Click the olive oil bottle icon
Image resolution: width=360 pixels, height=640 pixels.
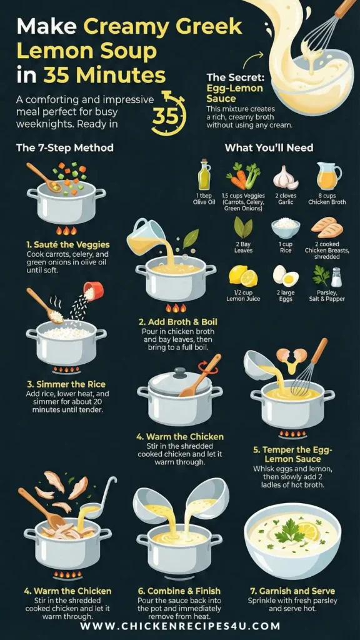point(204,175)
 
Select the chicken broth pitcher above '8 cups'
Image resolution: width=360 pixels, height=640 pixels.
point(329,176)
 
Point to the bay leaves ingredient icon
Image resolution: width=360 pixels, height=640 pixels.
point(243,227)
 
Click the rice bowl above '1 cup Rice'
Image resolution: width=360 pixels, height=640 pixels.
point(285,229)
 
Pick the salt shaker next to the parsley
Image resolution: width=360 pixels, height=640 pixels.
point(336,277)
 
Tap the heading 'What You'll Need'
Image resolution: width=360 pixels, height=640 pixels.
point(269,147)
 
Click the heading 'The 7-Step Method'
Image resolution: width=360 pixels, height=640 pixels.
point(65,147)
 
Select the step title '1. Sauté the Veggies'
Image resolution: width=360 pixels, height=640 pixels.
point(61,245)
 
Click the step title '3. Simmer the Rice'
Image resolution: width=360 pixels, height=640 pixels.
point(65,384)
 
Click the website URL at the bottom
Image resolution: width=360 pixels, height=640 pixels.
point(180,626)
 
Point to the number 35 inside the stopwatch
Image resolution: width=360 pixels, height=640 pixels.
point(165,116)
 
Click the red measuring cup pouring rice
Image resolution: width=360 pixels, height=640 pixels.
point(94,291)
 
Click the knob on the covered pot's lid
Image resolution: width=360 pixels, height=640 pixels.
point(179,372)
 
